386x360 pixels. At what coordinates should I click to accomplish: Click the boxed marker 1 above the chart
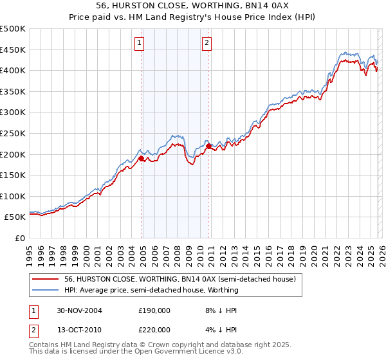tap(140, 44)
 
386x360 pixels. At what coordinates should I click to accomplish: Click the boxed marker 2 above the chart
tap(207, 44)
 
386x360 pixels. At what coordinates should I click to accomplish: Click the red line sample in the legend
tap(45, 280)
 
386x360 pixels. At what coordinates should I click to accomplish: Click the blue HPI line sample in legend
tap(45, 291)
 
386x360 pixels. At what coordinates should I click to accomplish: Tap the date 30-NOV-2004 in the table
tap(80, 310)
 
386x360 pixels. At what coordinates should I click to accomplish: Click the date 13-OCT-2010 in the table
tap(80, 329)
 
